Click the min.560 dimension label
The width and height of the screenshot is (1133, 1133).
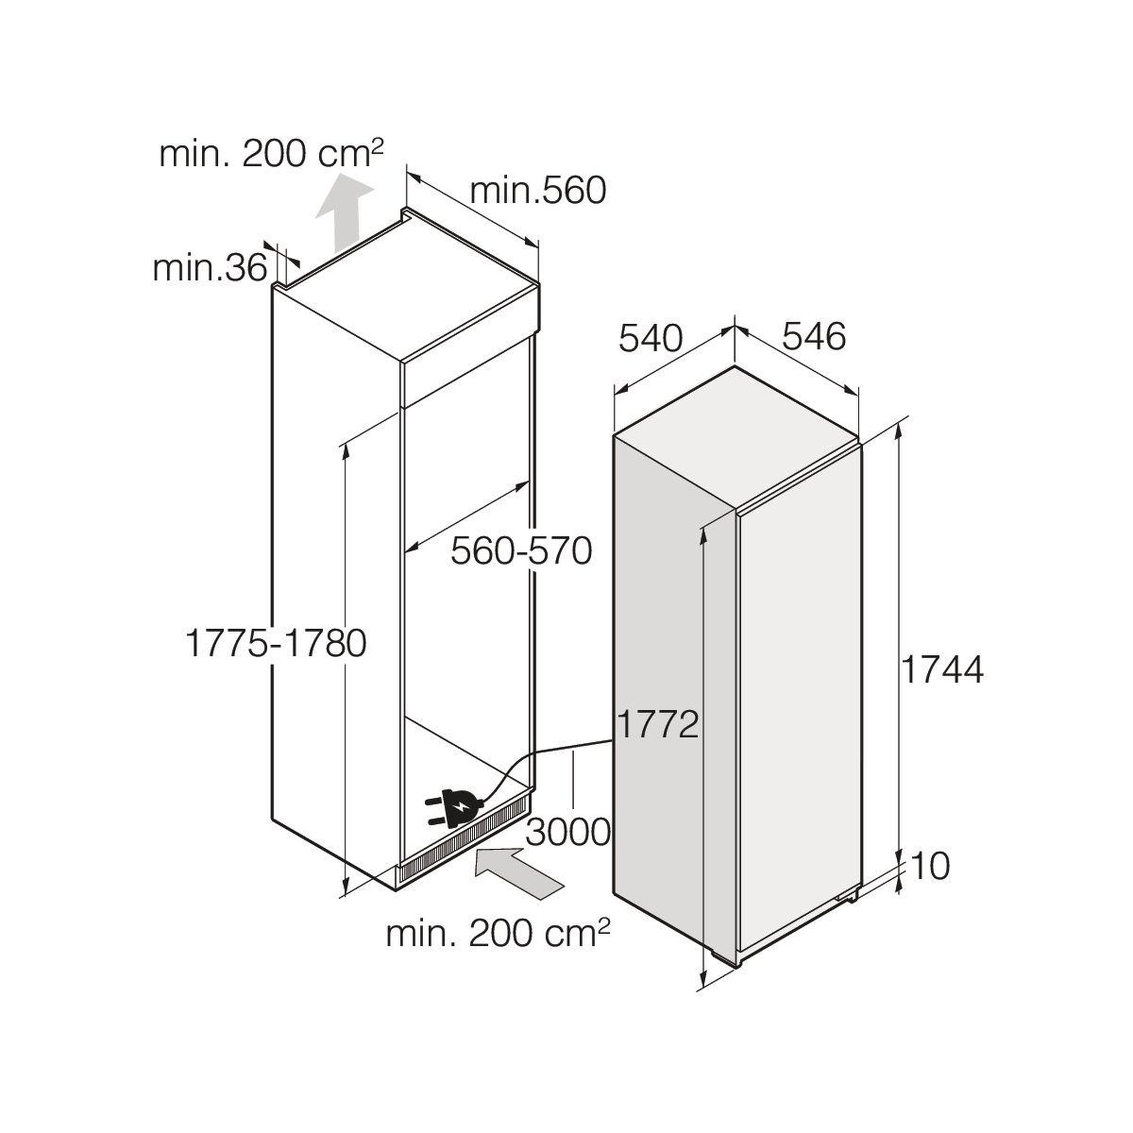(x=538, y=191)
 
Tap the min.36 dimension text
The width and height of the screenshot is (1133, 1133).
(x=210, y=269)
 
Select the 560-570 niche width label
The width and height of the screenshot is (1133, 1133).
(x=521, y=551)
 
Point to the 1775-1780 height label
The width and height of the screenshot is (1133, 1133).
(x=276, y=643)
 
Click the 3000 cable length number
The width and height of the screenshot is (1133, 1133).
(x=568, y=831)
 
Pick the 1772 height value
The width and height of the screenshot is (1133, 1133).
(x=658, y=725)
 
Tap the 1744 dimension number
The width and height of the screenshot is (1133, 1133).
(x=942, y=670)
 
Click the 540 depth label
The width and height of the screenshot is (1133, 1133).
(x=651, y=339)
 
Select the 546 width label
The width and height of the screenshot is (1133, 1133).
(x=814, y=336)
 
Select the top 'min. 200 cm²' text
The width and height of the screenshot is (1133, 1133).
(x=271, y=154)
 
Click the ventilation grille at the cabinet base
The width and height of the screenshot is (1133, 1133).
(x=465, y=843)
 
